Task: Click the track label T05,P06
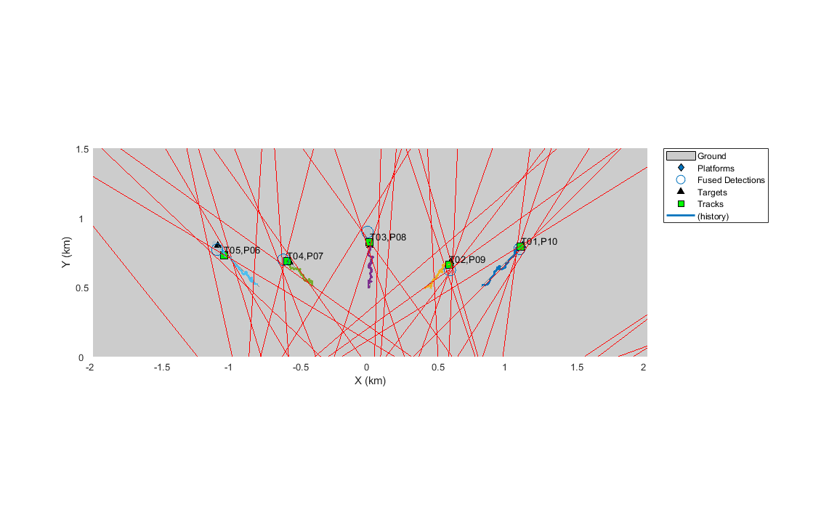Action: tap(242, 251)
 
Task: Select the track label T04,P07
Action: tap(305, 256)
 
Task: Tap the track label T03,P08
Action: tap(388, 238)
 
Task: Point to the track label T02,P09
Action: tap(467, 260)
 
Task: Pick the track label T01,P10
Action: tap(539, 242)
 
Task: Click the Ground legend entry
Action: tap(711, 155)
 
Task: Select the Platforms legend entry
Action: tap(715, 168)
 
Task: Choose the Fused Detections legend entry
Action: tap(731, 180)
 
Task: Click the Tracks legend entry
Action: tap(710, 204)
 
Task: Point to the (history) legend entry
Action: tap(713, 216)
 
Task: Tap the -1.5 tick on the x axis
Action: tap(161, 368)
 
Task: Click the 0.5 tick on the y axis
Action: tap(81, 288)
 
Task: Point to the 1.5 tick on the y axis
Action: tap(81, 149)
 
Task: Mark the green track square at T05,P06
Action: tap(224, 255)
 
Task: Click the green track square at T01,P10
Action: tap(520, 247)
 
